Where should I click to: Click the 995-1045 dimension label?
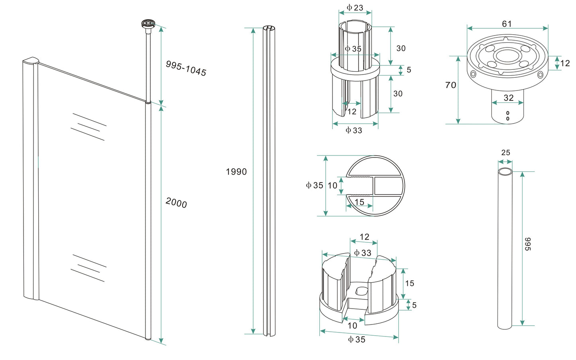click(x=186, y=68)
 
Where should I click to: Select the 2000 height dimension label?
click(x=176, y=203)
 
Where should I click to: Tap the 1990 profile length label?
click(x=236, y=172)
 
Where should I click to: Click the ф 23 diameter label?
click(x=354, y=8)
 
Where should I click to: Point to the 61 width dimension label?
click(x=507, y=24)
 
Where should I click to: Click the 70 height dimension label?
click(x=450, y=85)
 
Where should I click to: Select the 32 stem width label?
click(x=508, y=98)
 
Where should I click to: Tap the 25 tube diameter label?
click(x=505, y=153)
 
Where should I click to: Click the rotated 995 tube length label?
click(x=528, y=244)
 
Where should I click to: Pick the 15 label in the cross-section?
click(x=359, y=202)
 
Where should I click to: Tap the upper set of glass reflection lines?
click(x=88, y=126)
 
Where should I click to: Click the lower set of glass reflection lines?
click(x=88, y=268)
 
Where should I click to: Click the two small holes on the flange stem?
click(x=507, y=116)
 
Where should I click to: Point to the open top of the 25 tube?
click(x=505, y=171)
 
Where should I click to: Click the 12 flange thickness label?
click(x=564, y=63)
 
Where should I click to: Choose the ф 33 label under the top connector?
click(x=354, y=130)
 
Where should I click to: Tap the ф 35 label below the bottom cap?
click(x=356, y=340)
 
